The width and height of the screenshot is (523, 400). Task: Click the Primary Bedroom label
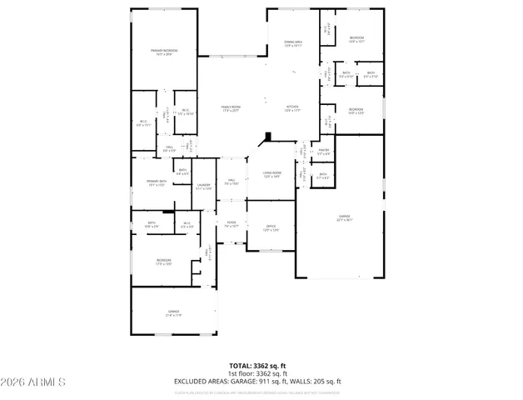[164, 52]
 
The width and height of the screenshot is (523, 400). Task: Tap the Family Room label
[231, 108]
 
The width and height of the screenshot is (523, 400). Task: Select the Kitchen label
[293, 108]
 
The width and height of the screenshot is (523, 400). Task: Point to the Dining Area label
[293, 44]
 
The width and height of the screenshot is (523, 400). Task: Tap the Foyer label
[232, 223]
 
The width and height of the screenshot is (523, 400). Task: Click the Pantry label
[324, 152]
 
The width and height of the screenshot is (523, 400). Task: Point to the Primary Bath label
[157, 182]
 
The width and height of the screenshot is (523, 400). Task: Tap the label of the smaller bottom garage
[173, 313]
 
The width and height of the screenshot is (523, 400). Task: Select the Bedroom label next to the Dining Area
[356, 39]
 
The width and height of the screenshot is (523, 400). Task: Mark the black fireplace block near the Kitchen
[266, 139]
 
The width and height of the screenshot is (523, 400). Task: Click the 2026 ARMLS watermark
[34, 382]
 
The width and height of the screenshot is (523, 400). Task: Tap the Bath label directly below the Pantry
[323, 176]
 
